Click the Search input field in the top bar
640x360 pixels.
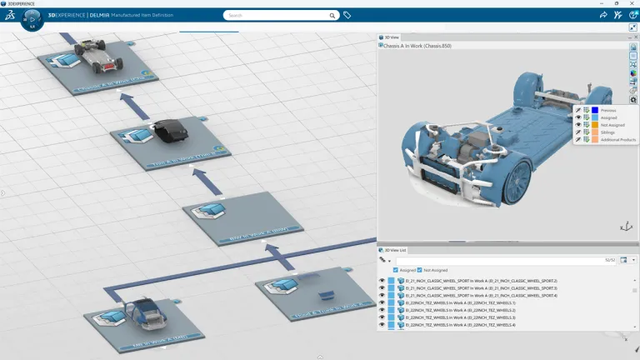[275, 15]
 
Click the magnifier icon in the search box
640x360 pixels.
[332, 15]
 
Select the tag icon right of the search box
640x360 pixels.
[347, 15]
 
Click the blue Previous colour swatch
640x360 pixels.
[595, 110]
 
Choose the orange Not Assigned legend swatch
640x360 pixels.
[595, 125]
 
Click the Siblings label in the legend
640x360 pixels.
[609, 132]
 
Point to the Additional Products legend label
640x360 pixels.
[617, 140]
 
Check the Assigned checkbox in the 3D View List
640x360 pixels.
[395, 270]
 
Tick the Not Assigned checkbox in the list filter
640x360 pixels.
[421, 270]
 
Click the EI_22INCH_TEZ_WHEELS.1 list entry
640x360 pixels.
[449, 303]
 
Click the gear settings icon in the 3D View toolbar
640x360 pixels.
[633, 100]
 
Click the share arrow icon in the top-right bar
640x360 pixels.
[603, 15]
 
